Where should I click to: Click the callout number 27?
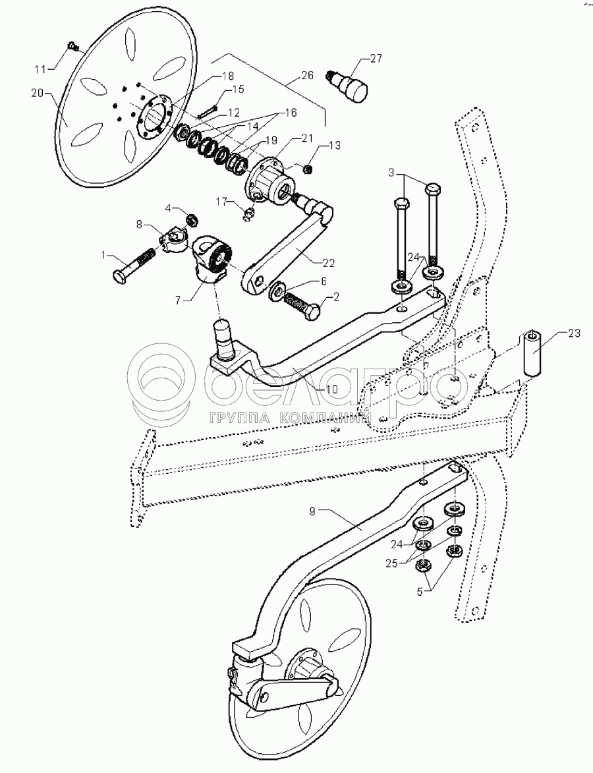point(376,59)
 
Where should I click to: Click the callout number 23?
point(574,333)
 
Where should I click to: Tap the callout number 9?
point(312,511)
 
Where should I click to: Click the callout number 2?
point(336,297)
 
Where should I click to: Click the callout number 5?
point(420,591)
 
